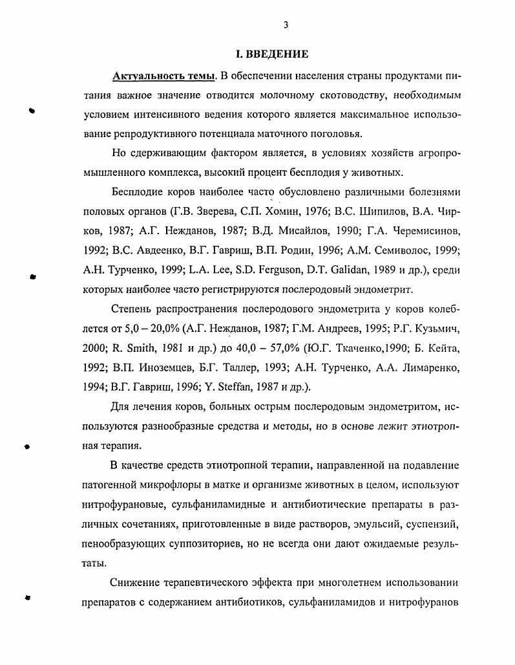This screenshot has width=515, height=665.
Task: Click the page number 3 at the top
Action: click(x=285, y=25)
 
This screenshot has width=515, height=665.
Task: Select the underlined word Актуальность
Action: click(x=146, y=76)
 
